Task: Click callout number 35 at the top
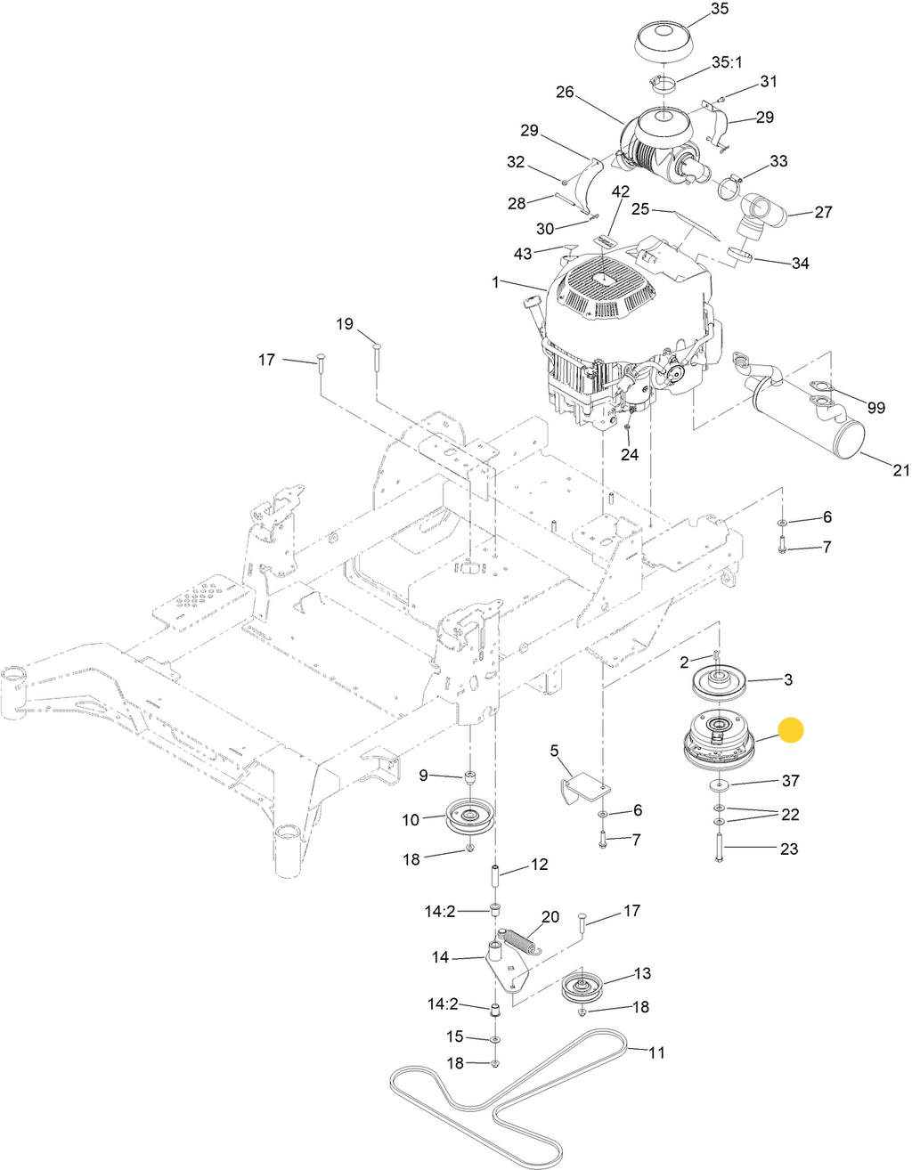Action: [720, 9]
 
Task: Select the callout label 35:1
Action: [727, 62]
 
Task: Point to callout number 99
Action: [875, 408]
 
